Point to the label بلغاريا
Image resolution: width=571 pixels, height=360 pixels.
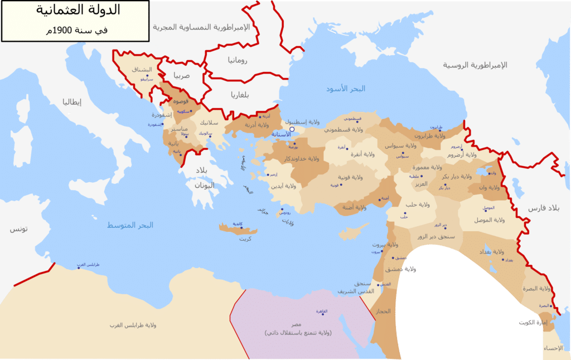pos(240,94)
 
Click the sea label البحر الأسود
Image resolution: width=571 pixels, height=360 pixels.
pos(346,89)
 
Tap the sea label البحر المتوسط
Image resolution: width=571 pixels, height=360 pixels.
pos(130,225)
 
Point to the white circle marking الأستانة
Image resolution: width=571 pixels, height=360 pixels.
pos(292,129)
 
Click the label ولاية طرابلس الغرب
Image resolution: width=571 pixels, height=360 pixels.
pos(133,324)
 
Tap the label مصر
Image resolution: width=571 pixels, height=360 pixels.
pos(296,324)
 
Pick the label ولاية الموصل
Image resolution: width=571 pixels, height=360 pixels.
pos(491,220)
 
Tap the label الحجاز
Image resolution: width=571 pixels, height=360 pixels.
pos(384,311)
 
